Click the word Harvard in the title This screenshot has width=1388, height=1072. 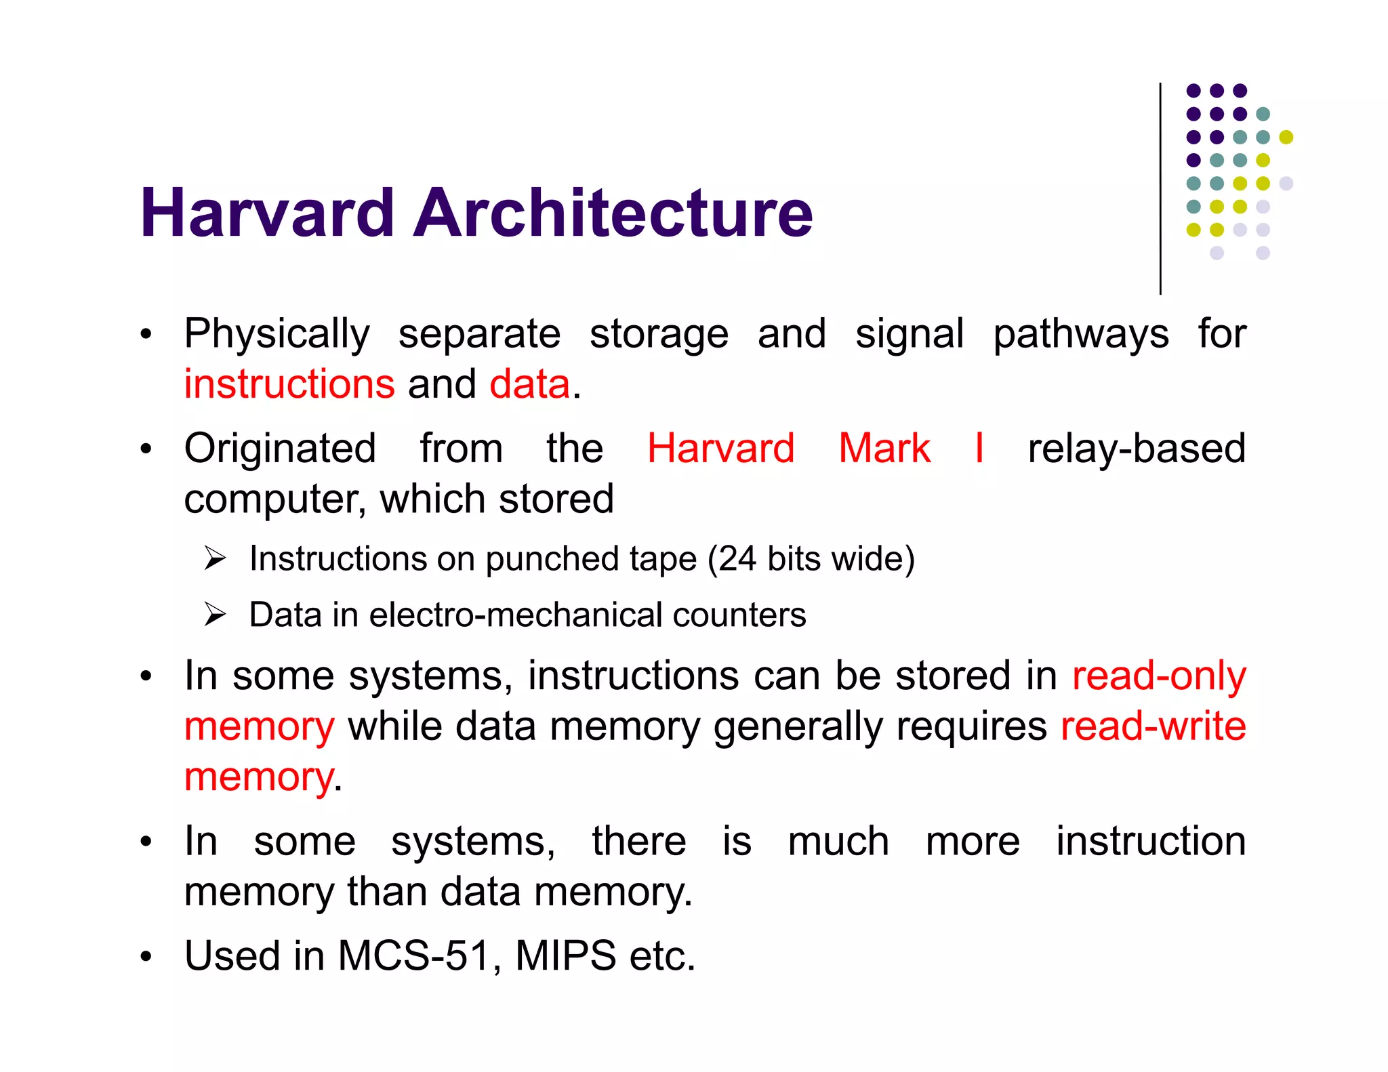[x=267, y=213]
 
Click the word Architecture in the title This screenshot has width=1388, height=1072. [x=613, y=213]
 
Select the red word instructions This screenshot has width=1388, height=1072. [x=289, y=384]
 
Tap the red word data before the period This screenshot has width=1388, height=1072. [x=530, y=384]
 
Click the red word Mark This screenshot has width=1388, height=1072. [x=884, y=449]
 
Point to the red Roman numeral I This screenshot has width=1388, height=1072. [x=979, y=449]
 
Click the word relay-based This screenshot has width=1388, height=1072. [x=1137, y=449]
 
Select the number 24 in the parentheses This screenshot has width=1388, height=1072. [x=737, y=559]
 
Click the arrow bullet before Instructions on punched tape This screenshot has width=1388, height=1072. [x=215, y=559]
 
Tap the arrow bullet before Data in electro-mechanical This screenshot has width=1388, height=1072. [x=215, y=615]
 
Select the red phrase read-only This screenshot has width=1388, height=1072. [x=1159, y=676]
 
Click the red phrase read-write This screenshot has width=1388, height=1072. [x=1153, y=726]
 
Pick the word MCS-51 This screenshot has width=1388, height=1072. [x=414, y=956]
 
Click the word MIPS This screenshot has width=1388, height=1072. [x=565, y=956]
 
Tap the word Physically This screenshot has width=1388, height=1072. [x=277, y=335]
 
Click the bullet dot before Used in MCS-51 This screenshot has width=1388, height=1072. [x=146, y=957]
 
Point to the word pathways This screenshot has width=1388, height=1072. [x=1081, y=335]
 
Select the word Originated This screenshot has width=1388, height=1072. [x=280, y=449]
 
